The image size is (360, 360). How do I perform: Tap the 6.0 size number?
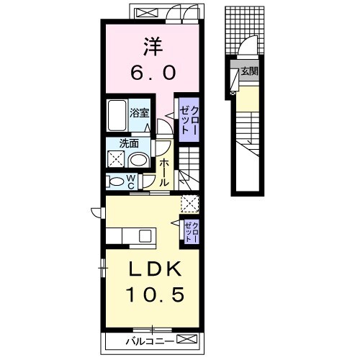pyautogui.click(x=153, y=73)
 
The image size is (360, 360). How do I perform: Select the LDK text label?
pyautogui.click(x=155, y=269)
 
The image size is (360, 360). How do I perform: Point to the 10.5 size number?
pyautogui.click(x=155, y=294)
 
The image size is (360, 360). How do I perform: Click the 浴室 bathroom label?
pyautogui.click(x=140, y=113)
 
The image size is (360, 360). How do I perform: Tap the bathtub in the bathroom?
pyautogui.click(x=117, y=115)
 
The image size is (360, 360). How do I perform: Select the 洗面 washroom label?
pyautogui.click(x=129, y=143)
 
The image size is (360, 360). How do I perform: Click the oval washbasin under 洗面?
pyautogui.click(x=138, y=160)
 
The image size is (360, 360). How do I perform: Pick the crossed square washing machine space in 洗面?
pyautogui.click(x=116, y=158)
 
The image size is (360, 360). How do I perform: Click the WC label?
pyautogui.click(x=131, y=181)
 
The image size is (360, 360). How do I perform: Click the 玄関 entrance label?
pyautogui.click(x=250, y=71)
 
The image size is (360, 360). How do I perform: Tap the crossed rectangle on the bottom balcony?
pyautogui.click(x=186, y=339)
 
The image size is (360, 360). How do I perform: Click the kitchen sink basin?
pyautogui.click(x=145, y=235)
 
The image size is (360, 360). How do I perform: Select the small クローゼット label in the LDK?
pyautogui.click(x=192, y=232)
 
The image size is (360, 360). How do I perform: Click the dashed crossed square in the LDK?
pyautogui.click(x=190, y=204)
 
